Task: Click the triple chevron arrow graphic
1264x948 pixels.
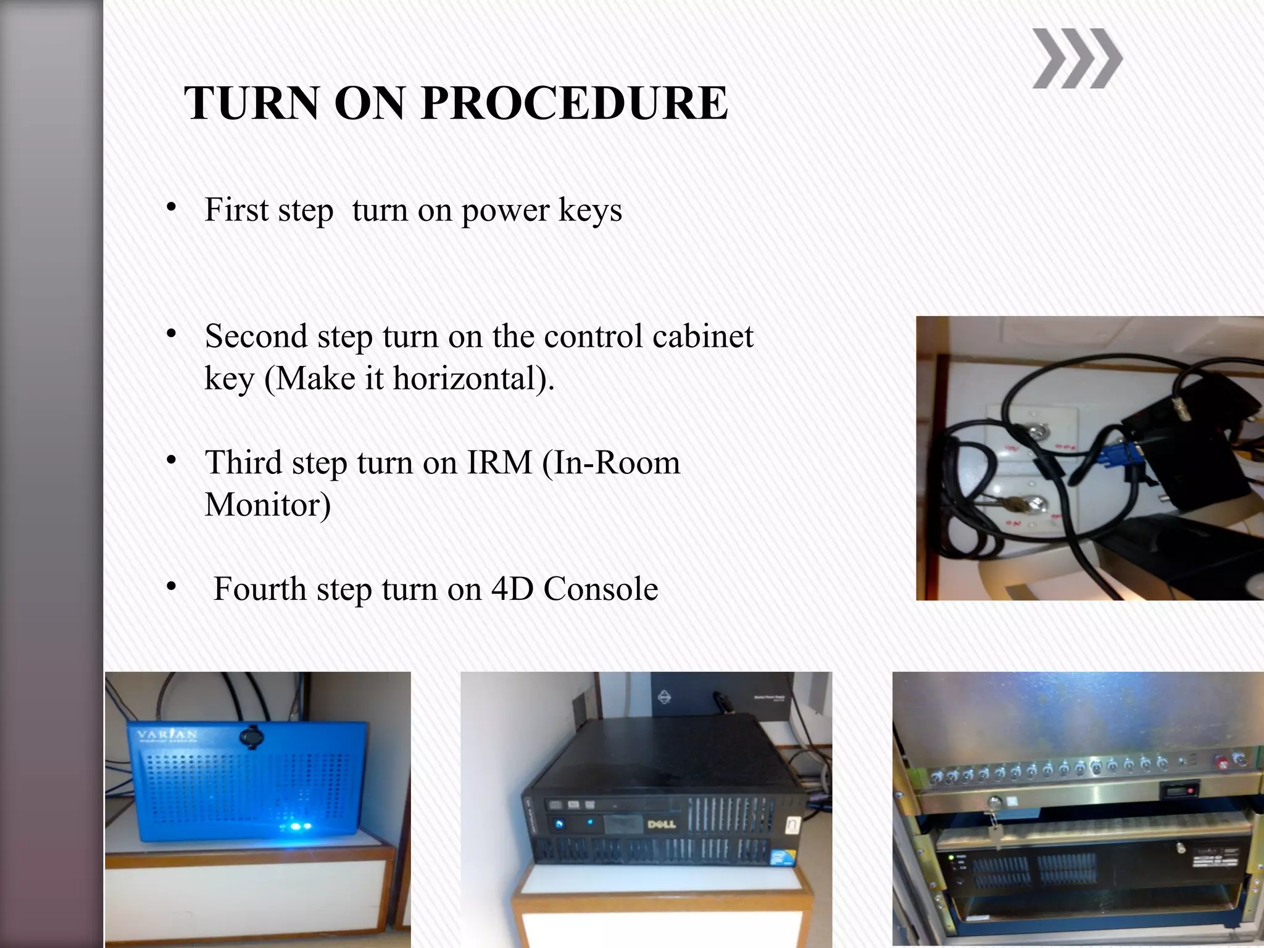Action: click(x=1076, y=59)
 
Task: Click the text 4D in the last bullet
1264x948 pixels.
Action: click(x=512, y=589)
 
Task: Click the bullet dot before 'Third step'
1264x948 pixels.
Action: click(x=172, y=460)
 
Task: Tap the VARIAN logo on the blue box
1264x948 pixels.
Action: click(x=167, y=735)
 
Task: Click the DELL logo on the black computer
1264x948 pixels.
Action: click(x=661, y=825)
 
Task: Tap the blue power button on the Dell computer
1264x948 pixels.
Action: click(x=559, y=824)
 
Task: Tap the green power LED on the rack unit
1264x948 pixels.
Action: click(x=952, y=858)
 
